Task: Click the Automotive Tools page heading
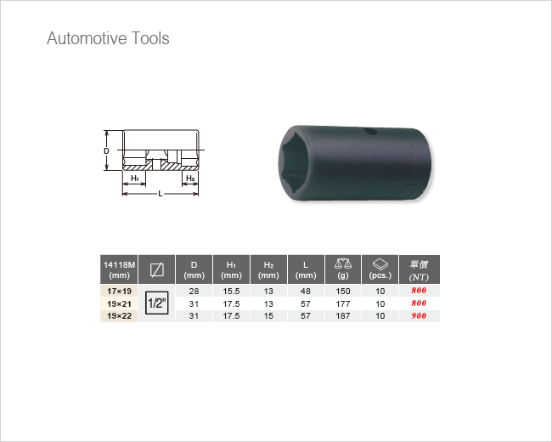108,38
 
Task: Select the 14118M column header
120,269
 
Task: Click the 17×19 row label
120,292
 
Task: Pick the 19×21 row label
120,303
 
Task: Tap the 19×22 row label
120,316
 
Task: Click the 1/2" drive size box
156,303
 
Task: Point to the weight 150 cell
343,292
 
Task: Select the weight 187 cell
343,316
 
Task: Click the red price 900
419,316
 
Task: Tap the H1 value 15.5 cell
231,292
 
